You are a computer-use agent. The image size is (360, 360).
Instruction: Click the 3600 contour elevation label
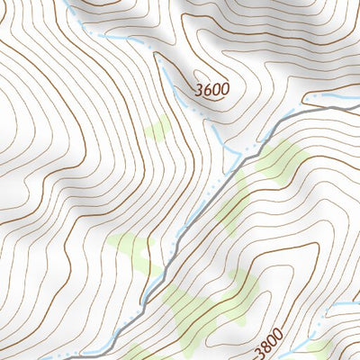click(x=211, y=89)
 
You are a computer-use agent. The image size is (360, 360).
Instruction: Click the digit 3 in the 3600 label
click(x=199, y=88)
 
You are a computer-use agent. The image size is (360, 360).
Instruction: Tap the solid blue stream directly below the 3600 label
click(x=216, y=130)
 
